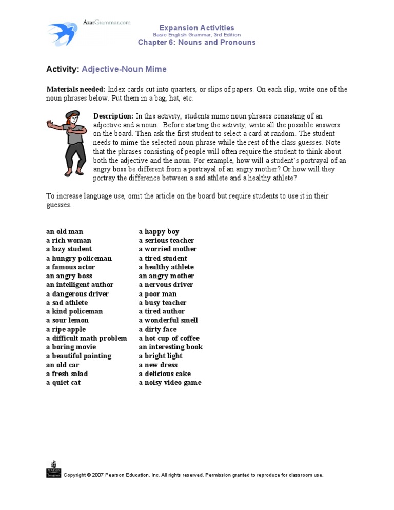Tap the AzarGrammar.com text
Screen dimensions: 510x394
pyautogui.click(x=107, y=22)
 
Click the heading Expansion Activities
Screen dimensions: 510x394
pyautogui.click(x=196, y=28)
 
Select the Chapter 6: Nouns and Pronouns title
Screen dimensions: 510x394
pyautogui.click(x=196, y=42)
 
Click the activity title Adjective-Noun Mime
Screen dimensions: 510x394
pyautogui.click(x=124, y=69)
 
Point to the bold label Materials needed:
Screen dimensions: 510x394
pyautogui.click(x=75, y=89)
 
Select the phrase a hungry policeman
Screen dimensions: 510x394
pyautogui.click(x=78, y=258)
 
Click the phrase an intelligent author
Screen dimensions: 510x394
pyautogui.click(x=80, y=285)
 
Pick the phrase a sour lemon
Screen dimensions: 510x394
pyautogui.click(x=67, y=320)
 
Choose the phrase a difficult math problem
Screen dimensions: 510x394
pyautogui.click(x=86, y=338)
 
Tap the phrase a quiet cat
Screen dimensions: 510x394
pyautogui.click(x=63, y=382)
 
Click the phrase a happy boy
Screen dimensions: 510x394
pyautogui.click(x=159, y=231)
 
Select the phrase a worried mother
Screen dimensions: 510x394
pyautogui.click(x=168, y=249)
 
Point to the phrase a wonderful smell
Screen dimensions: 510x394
pyautogui.click(x=168, y=320)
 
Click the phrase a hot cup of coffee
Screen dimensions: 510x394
pyautogui.click(x=169, y=338)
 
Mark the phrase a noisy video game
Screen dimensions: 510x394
pyautogui.click(x=170, y=382)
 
